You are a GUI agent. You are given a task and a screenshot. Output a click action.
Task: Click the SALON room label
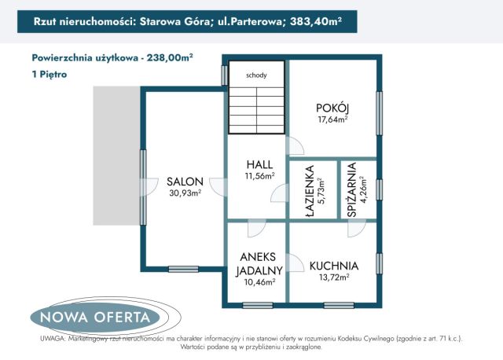pyautogui.click(x=185, y=181)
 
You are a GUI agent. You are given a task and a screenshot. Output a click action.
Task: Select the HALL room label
pyautogui.click(x=259, y=164)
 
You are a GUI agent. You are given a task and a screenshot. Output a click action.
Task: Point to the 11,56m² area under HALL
pyautogui.click(x=259, y=175)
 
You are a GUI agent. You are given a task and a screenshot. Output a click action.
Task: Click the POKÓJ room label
pyautogui.click(x=332, y=108)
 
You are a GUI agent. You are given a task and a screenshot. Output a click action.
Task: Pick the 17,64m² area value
pyautogui.click(x=332, y=119)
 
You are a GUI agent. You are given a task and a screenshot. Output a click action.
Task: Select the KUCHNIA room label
pyautogui.click(x=333, y=266)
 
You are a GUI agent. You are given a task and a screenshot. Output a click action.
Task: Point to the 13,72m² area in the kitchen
pyautogui.click(x=333, y=277)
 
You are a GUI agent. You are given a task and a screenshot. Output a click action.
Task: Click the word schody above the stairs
pyautogui.click(x=255, y=75)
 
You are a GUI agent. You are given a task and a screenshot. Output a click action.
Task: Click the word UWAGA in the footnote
pyautogui.click(x=51, y=338)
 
